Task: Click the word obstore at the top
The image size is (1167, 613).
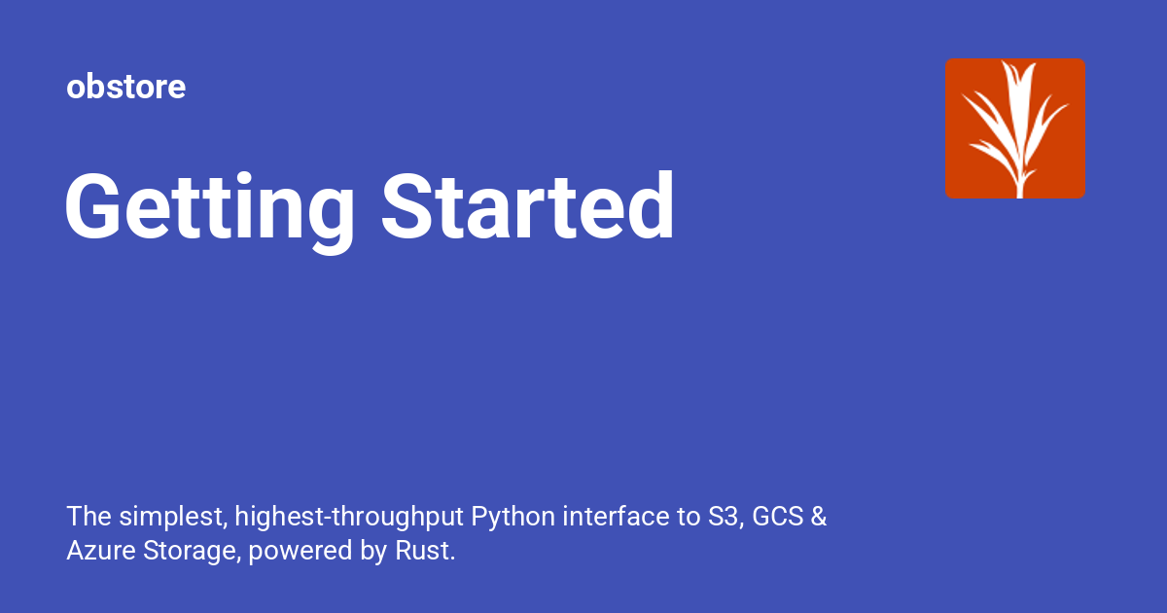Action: [x=125, y=88]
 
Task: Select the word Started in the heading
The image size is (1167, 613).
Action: [x=527, y=207]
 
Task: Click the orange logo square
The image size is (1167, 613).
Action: [x=1014, y=127]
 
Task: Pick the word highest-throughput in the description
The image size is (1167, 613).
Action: [x=349, y=517]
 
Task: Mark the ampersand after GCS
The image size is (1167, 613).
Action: [x=819, y=517]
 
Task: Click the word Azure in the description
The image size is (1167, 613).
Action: [x=94, y=552]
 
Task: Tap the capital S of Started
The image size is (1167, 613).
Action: [x=406, y=207]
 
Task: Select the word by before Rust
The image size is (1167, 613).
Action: [x=373, y=552]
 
